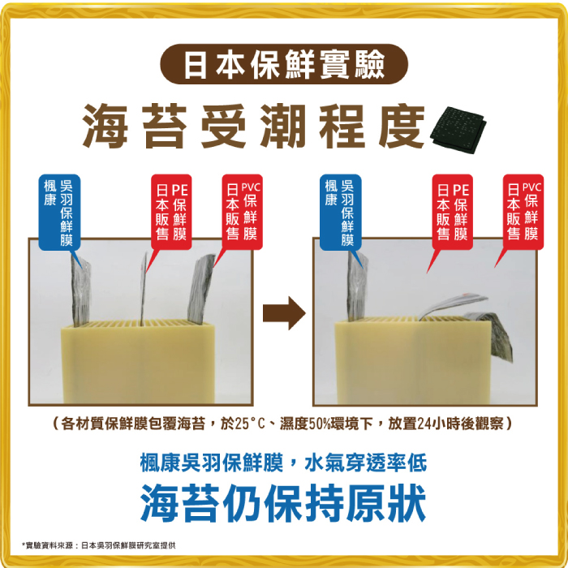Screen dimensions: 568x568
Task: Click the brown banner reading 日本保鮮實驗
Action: tap(284, 64)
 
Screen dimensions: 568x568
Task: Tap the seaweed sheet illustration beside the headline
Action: tap(458, 130)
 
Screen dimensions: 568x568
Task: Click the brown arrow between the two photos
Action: tap(284, 313)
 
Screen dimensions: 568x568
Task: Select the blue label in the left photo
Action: tap(59, 213)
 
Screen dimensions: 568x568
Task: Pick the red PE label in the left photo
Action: tap(171, 213)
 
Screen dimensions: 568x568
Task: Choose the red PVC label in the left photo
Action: tap(242, 213)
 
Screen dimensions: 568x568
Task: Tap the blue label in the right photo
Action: tap(341, 213)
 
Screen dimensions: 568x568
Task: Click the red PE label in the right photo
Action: tap(453, 213)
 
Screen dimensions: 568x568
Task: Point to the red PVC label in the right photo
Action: tap(523, 213)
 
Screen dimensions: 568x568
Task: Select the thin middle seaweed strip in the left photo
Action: tap(144, 288)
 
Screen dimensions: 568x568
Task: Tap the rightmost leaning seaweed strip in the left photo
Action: tap(200, 289)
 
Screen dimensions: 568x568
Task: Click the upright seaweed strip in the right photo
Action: tap(357, 287)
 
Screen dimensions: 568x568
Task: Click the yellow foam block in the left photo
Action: tap(138, 362)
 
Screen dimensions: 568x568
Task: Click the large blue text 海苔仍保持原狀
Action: tap(283, 503)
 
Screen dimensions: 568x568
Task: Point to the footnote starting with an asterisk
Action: tap(98, 545)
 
